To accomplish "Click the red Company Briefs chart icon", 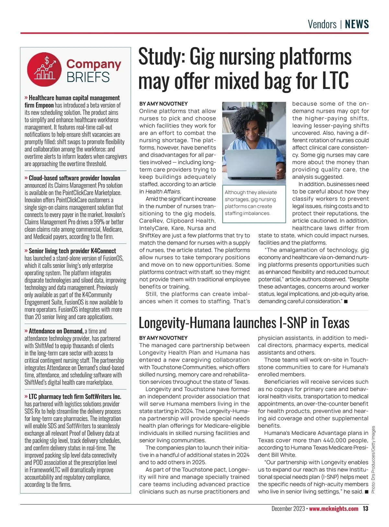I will [x=44, y=69].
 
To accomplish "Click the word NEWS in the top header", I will [x=357, y=24].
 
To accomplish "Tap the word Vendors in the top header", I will [x=322, y=24].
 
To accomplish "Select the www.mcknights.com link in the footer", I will [x=334, y=509].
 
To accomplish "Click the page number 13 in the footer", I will [x=365, y=509].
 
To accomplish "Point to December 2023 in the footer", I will [x=288, y=509].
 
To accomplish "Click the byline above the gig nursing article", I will [x=163, y=104].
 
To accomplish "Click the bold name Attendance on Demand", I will [x=56, y=331].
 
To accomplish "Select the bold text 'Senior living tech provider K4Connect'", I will [x=72, y=251].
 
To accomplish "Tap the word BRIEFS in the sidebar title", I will [x=88, y=77].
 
